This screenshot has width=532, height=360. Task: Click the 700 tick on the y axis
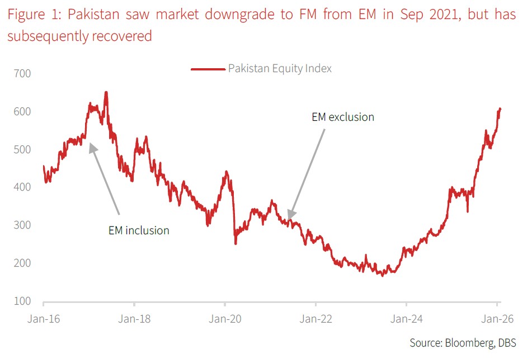(x=23, y=74)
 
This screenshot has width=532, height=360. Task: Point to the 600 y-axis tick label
(x=23, y=112)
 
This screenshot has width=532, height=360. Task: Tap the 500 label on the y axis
(x=23, y=150)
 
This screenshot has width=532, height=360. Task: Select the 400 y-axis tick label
(x=23, y=187)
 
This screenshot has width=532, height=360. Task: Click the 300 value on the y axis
(x=23, y=225)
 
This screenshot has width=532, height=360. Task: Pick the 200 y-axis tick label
(x=23, y=263)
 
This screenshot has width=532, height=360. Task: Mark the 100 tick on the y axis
(x=23, y=301)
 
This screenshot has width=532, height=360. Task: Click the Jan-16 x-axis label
(x=44, y=320)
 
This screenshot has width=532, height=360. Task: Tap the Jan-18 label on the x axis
(x=134, y=320)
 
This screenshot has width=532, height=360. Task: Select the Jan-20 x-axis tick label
(x=225, y=320)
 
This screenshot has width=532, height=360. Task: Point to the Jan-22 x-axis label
(x=316, y=320)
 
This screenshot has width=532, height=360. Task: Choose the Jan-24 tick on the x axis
(x=406, y=320)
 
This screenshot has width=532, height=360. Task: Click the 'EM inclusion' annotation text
(x=139, y=230)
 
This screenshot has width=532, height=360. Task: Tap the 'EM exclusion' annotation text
(x=342, y=117)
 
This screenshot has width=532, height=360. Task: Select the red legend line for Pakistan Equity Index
(x=208, y=69)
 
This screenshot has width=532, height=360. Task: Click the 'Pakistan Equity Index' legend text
(x=280, y=69)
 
